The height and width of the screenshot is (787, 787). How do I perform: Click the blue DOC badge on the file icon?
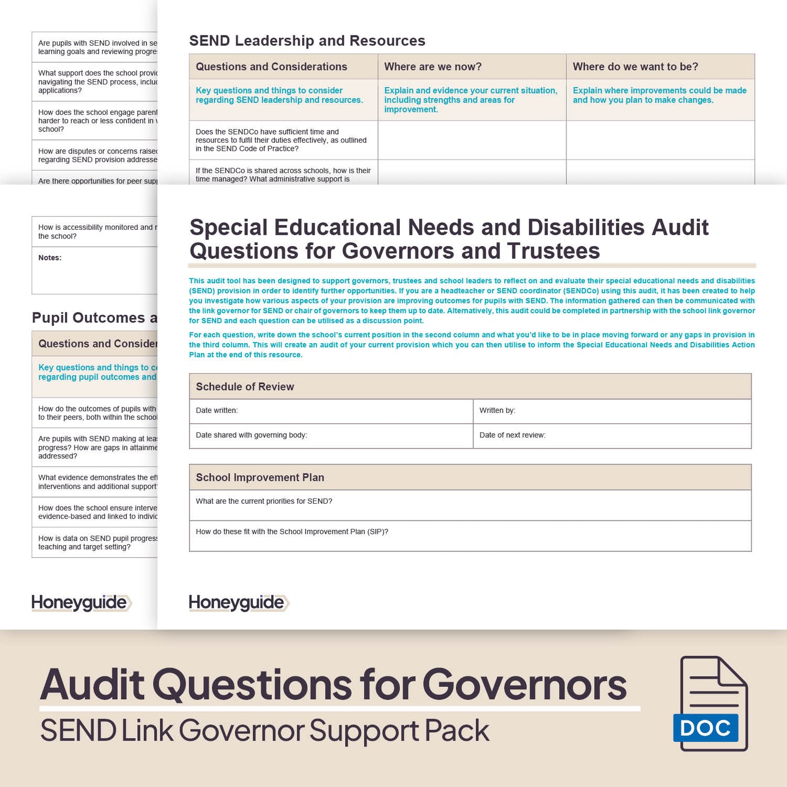tap(705, 728)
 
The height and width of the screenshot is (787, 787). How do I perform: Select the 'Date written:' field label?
tap(217, 411)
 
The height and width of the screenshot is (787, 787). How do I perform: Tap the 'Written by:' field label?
tap(497, 411)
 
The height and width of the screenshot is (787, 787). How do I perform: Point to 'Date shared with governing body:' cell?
tap(251, 435)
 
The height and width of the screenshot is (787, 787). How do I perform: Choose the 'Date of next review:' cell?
tap(512, 435)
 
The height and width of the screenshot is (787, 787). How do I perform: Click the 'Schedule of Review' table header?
tap(245, 387)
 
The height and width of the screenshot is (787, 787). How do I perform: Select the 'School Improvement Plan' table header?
tap(260, 478)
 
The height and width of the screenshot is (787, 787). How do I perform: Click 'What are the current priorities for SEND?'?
tap(264, 501)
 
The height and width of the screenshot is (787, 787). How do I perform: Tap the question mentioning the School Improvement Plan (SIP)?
tap(292, 532)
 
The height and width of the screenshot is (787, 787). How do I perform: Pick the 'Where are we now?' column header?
tap(432, 67)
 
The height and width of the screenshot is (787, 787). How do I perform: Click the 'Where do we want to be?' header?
tap(635, 67)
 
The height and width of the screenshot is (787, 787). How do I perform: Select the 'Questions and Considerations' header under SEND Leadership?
tap(271, 67)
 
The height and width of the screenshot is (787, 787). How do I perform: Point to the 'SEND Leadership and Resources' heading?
tap(307, 41)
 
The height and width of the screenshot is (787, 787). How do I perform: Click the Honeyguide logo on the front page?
tap(238, 602)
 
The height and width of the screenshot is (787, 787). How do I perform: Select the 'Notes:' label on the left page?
tap(50, 258)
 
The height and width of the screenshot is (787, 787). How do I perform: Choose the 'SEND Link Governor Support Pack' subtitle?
tap(265, 731)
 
